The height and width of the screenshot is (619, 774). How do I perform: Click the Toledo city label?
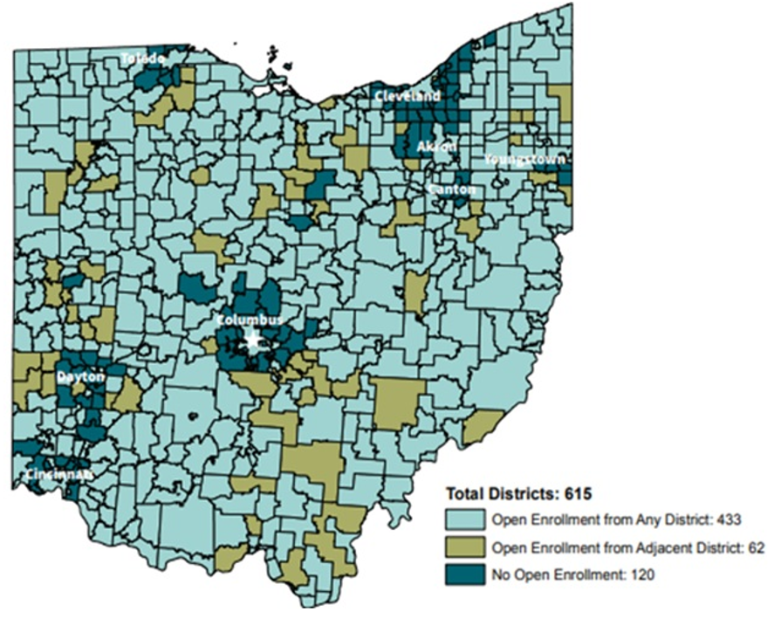point(142,58)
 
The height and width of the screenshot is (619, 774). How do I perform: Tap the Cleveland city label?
point(408,95)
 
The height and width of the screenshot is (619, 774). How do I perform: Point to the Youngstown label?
point(525,160)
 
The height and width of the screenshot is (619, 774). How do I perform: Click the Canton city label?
point(452,189)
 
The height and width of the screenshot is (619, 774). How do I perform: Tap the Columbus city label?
point(250,320)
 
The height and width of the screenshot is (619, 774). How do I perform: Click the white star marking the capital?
point(253,340)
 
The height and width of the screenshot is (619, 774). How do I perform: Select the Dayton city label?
point(80,376)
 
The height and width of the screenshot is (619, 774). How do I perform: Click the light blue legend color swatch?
point(464,520)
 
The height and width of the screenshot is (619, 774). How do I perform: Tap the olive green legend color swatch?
point(464,547)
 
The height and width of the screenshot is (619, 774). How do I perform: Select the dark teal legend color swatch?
point(464,574)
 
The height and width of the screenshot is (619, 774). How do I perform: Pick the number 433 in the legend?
point(729,520)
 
